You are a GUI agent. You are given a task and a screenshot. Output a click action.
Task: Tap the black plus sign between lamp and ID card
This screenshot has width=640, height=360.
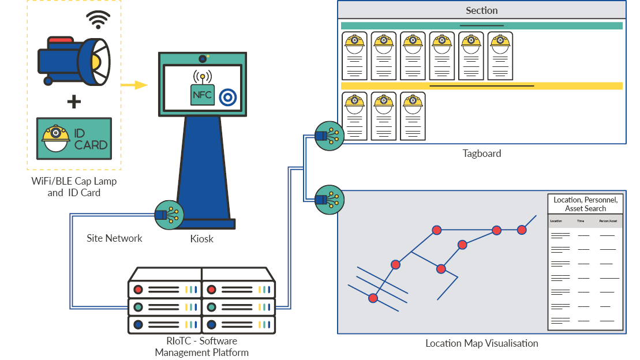(73, 102)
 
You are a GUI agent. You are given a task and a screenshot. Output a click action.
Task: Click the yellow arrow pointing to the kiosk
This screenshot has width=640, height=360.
(134, 85)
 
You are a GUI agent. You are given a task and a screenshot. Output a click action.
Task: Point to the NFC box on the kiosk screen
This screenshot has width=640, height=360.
(202, 94)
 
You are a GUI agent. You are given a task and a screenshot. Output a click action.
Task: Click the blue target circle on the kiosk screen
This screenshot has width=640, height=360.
(229, 97)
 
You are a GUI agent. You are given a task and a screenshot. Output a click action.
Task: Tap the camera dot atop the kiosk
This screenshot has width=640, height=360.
(203, 59)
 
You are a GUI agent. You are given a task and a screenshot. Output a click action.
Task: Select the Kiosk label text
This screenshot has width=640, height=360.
(201, 239)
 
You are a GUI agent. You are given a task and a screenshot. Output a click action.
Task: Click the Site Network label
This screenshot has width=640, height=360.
(114, 238)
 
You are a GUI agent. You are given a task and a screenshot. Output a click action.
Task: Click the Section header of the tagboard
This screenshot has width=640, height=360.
(481, 10)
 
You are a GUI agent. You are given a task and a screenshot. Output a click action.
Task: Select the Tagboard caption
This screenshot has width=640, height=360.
(481, 153)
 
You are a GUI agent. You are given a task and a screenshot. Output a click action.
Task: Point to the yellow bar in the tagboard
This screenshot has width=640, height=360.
(481, 86)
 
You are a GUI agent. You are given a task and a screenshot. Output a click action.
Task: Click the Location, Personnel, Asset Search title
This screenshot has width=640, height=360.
(585, 204)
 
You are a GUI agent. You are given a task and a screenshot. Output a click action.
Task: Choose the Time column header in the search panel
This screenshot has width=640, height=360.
(581, 221)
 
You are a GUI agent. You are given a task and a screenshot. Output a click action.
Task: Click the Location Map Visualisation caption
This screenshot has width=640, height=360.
(481, 343)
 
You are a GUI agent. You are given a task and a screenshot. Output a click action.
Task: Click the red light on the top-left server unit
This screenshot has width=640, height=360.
(138, 289)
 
